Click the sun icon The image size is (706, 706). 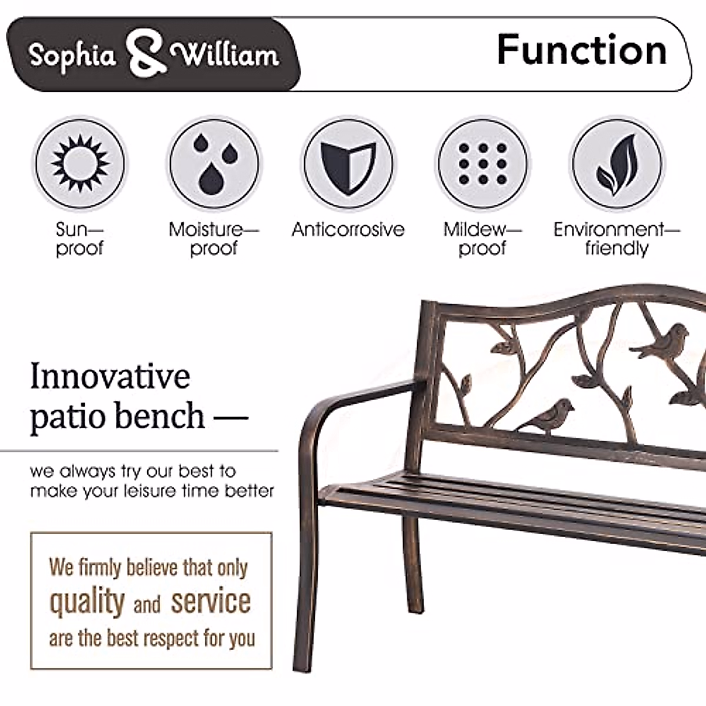(80, 163)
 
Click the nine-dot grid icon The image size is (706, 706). (482, 164)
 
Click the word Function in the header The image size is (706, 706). (581, 51)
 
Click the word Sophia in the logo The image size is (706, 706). (72, 56)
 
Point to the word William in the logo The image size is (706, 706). (225, 55)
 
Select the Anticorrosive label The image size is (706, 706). (348, 229)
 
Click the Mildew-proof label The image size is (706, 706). (482, 238)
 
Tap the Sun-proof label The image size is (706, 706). (79, 238)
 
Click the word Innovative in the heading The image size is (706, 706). (110, 377)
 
